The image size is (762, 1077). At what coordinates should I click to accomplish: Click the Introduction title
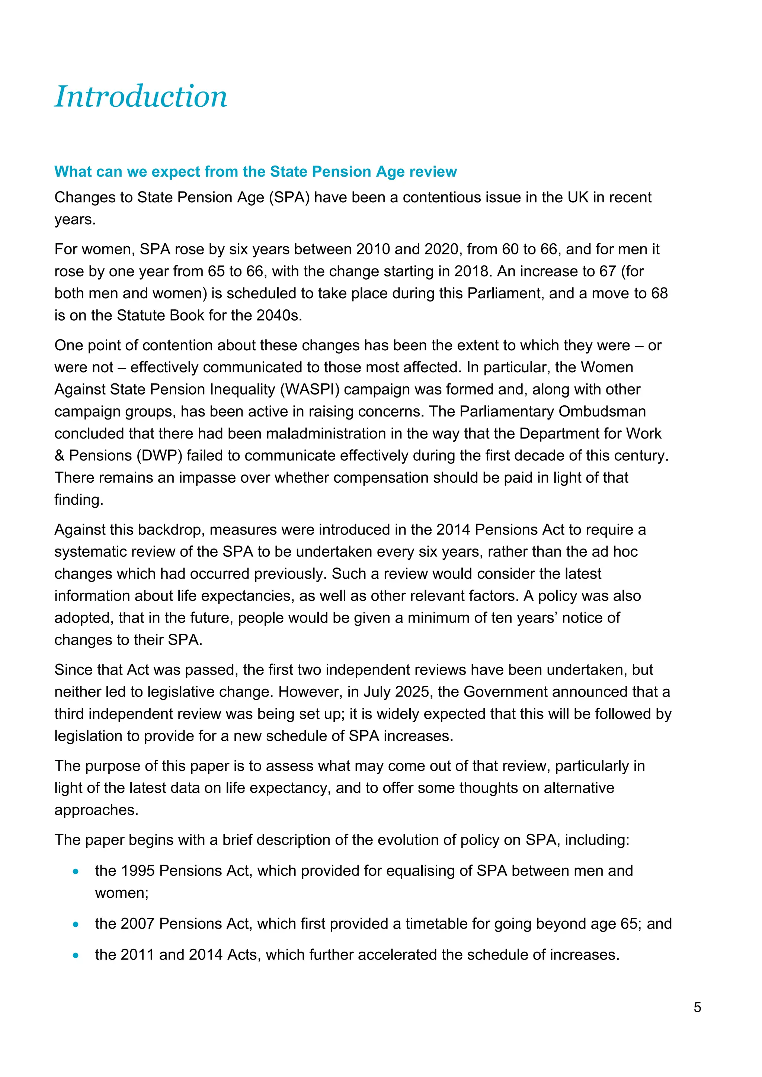point(141,96)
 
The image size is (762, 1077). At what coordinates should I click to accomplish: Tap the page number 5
point(697,1007)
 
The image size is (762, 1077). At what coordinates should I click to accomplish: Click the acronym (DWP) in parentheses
point(159,456)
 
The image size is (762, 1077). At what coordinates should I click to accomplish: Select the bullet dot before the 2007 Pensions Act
point(76,925)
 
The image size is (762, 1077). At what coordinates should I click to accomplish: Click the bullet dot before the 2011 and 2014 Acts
point(76,955)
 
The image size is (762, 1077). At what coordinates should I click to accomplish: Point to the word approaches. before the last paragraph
point(96,810)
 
